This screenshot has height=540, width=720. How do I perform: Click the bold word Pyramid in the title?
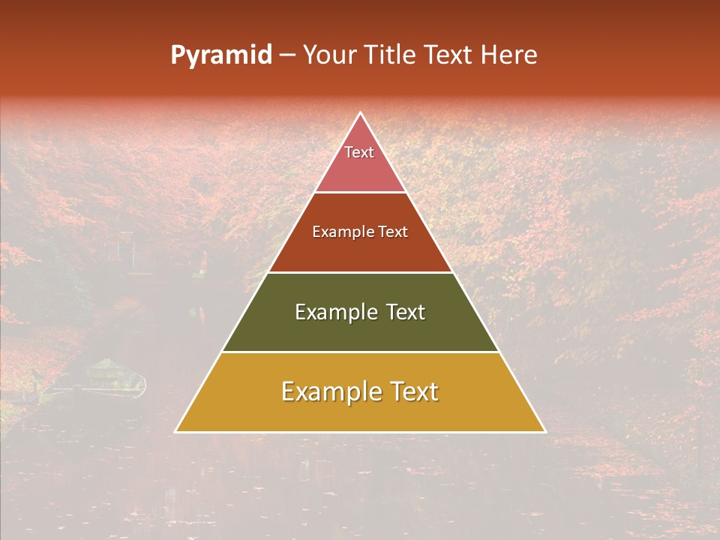[x=221, y=55]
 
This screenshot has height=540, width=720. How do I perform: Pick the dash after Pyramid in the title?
[x=286, y=55]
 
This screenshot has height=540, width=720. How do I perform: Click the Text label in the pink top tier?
[x=359, y=152]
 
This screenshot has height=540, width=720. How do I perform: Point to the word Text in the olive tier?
[x=406, y=312]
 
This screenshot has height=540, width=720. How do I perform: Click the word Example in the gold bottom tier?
[x=325, y=391]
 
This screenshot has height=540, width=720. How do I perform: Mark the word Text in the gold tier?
[x=412, y=391]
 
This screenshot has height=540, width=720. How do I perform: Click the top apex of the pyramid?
[x=360, y=113]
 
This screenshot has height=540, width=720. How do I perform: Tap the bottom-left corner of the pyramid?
[x=176, y=431]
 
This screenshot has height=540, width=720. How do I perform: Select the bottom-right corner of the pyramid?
[x=544, y=431]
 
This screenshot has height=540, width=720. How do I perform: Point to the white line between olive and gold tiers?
[x=360, y=352]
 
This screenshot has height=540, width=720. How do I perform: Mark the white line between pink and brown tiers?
[x=360, y=192]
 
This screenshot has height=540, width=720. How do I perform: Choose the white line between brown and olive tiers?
[x=360, y=272]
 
